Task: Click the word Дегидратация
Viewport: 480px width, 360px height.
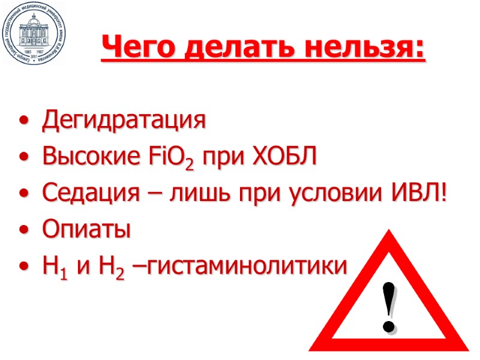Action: [x=123, y=121]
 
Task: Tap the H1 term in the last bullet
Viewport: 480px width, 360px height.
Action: [x=53, y=266]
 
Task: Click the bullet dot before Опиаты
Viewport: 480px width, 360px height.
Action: [x=23, y=231]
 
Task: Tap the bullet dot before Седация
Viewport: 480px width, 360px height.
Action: [x=23, y=195]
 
